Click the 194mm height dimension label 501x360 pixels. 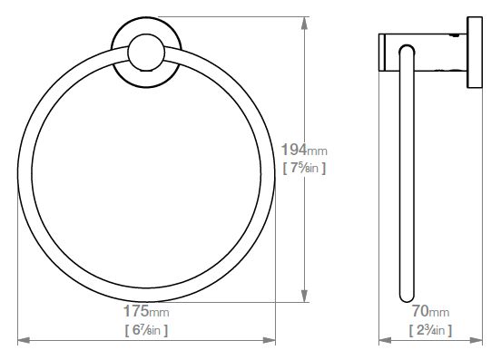pos(304,150)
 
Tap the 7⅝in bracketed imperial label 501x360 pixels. pos(304,168)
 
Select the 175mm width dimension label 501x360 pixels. pos(146,311)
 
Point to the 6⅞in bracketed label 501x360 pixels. pos(146,330)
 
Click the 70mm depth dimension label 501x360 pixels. pos(430,311)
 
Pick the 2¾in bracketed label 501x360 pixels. pos(431,330)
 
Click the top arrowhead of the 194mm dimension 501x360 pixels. pos(304,23)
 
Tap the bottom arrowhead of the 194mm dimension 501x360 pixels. pos(304,296)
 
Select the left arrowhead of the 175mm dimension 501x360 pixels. pos(24,341)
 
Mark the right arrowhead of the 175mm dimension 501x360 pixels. pos(269,341)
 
